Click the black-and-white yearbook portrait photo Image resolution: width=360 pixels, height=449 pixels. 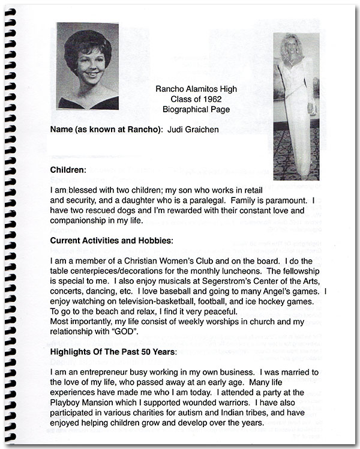pyautogui.click(x=87, y=66)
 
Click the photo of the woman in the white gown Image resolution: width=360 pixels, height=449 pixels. pyautogui.click(x=295, y=105)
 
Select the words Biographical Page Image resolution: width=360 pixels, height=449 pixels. pyautogui.click(x=196, y=110)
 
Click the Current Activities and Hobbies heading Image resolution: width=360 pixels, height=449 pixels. pyautogui.click(x=111, y=241)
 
